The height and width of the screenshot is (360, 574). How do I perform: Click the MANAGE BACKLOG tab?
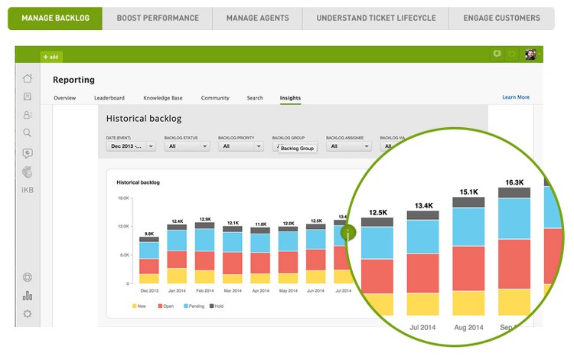pyautogui.click(x=54, y=18)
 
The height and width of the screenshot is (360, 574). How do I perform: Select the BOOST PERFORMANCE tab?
pyautogui.click(x=157, y=18)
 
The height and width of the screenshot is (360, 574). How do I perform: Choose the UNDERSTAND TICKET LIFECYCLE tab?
pyautogui.click(x=376, y=18)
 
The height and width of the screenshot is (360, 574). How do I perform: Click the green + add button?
pyautogui.click(x=51, y=57)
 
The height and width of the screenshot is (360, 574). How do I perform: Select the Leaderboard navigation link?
pyautogui.click(x=109, y=98)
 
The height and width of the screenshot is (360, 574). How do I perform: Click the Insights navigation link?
pyautogui.click(x=290, y=98)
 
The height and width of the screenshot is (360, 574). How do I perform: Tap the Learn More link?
pyautogui.click(x=515, y=97)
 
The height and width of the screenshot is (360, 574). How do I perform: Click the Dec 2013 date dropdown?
pyautogui.click(x=132, y=146)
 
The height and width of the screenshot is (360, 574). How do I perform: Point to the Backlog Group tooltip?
pyautogui.click(x=297, y=148)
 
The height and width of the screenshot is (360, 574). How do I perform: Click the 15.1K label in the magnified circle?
pyautogui.click(x=468, y=191)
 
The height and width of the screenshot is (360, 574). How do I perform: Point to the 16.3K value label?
pyautogui.click(x=514, y=182)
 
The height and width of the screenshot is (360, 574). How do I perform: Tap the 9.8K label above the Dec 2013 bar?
pyautogui.click(x=148, y=233)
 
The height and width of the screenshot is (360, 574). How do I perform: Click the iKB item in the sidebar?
pyautogui.click(x=28, y=188)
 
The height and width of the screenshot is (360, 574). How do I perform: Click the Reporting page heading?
pyautogui.click(x=73, y=80)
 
